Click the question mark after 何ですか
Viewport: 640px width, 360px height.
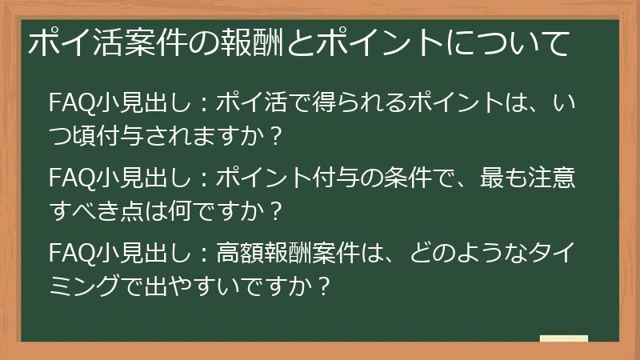click(x=276, y=210)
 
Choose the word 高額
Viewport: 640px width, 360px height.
click(x=244, y=254)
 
